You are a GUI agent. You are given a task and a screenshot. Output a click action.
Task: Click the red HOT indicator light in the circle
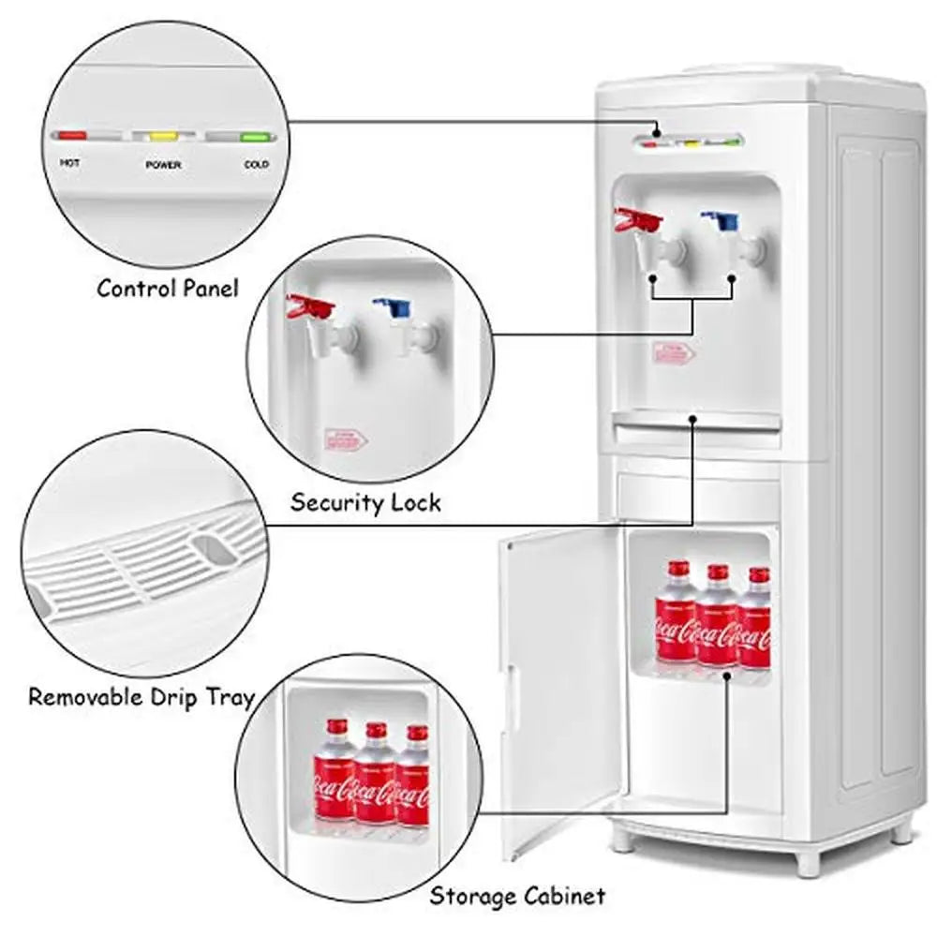[71, 136]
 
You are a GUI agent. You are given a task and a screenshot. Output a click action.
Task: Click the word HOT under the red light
[70, 163]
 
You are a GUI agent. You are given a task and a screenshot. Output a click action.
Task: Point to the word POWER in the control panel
[163, 165]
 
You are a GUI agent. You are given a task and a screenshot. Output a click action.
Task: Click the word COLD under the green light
[256, 164]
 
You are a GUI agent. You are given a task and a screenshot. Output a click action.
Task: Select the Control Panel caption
[168, 288]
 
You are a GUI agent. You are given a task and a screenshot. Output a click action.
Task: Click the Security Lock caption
[364, 502]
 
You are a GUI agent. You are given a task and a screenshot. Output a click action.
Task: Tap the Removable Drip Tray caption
[141, 697]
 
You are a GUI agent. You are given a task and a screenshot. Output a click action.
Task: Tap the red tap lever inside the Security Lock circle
[310, 306]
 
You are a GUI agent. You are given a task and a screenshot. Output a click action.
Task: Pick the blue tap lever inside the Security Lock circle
[393, 306]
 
